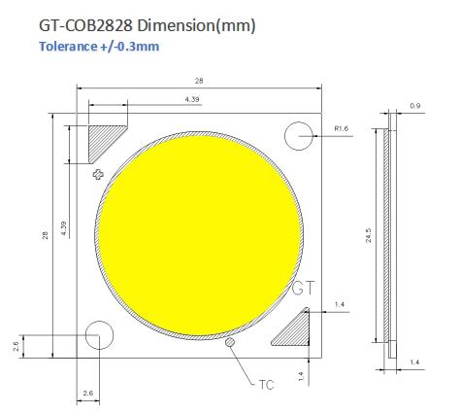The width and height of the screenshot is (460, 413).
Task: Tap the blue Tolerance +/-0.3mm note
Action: click(x=99, y=47)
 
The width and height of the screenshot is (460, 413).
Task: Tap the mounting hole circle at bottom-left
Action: click(x=99, y=337)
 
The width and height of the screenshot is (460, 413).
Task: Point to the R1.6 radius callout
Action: click(x=342, y=127)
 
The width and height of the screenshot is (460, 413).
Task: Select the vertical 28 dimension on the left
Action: click(x=46, y=238)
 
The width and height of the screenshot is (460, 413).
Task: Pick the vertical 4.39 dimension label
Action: click(x=63, y=227)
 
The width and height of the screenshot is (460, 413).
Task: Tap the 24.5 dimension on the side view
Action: click(x=368, y=237)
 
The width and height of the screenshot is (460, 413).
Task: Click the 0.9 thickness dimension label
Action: click(x=416, y=105)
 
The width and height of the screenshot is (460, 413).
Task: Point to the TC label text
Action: click(x=266, y=383)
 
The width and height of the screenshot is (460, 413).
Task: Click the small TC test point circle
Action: click(x=230, y=342)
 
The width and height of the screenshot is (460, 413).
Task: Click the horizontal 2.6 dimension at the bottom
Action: click(x=88, y=394)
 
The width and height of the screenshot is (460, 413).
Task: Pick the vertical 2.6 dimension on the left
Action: click(x=17, y=347)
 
